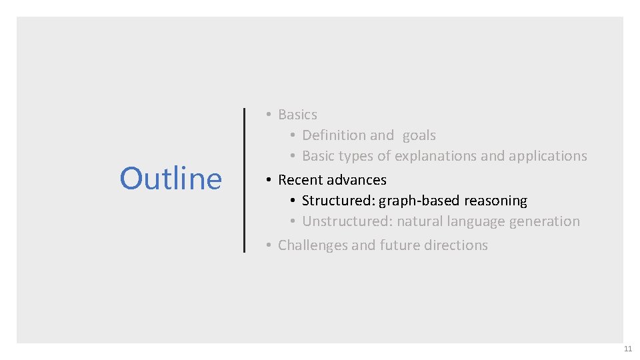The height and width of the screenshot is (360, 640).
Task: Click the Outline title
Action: tap(171, 179)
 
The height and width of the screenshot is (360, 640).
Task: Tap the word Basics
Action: tap(297, 115)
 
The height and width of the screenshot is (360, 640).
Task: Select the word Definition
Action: tap(334, 135)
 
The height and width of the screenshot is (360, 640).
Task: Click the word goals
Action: tap(419, 135)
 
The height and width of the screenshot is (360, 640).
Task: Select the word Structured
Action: tap(338, 201)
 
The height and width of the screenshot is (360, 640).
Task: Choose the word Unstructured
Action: tap(346, 221)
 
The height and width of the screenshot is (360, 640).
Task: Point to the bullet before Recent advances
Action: tap(268, 180)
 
